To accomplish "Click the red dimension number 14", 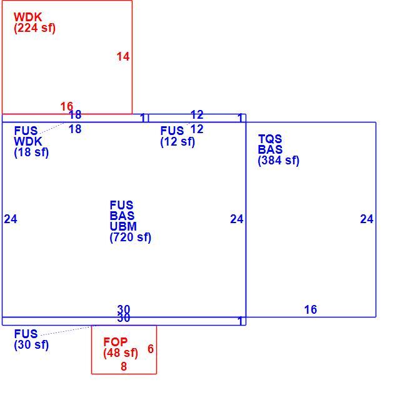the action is coord(123,57).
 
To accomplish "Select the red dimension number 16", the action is coord(67,106).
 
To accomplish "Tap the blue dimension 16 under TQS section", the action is coord(311,309).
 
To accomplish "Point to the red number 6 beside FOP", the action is coord(151,349).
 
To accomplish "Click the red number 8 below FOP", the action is coord(124,366).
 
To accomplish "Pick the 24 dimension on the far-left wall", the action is coord(11,219).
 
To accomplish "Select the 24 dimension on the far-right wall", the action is coord(367,219).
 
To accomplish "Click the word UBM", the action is coord(123,226).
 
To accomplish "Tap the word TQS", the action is coord(270,139).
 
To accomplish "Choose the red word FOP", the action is coord(116,342).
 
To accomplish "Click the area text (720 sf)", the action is coord(131,237).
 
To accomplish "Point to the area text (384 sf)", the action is coord(279,161).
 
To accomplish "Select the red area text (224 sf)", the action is coord(35,28).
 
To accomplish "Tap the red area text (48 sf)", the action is coord(121,353).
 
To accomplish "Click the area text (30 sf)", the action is coord(31,344).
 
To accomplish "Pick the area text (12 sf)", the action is coord(177,141).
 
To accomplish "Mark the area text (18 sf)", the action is coord(31,152).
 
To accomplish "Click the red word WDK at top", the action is coord(28,17).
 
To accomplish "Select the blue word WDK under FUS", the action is coord(28,141).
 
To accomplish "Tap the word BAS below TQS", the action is coord(271,149).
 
